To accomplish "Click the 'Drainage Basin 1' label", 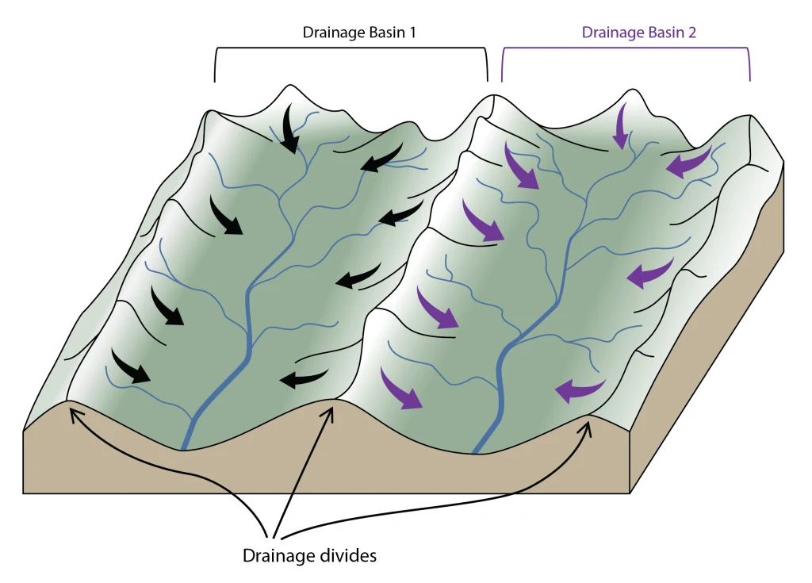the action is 359,33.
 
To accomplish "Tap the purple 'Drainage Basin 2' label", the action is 638,33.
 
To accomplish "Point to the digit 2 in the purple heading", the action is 691,33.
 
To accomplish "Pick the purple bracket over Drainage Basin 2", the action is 626,64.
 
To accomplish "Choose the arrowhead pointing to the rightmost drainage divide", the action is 588,427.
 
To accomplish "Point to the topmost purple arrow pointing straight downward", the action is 620,126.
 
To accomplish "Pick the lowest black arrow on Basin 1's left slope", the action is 130,366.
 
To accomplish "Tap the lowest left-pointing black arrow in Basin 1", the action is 304,378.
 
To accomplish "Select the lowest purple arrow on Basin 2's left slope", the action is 401,389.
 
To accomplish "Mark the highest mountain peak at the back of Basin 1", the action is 290,86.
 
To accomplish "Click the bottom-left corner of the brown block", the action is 23,493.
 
